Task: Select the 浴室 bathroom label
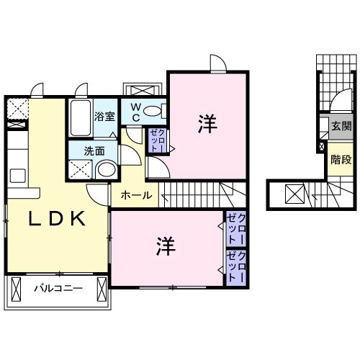(105, 117)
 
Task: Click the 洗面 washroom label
(94, 151)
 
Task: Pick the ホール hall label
(135, 195)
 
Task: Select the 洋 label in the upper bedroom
(207, 123)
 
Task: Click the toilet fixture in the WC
(153, 112)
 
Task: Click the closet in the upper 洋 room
(156, 140)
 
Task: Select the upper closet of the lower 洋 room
(236, 229)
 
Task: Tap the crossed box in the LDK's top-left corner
(15, 108)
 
